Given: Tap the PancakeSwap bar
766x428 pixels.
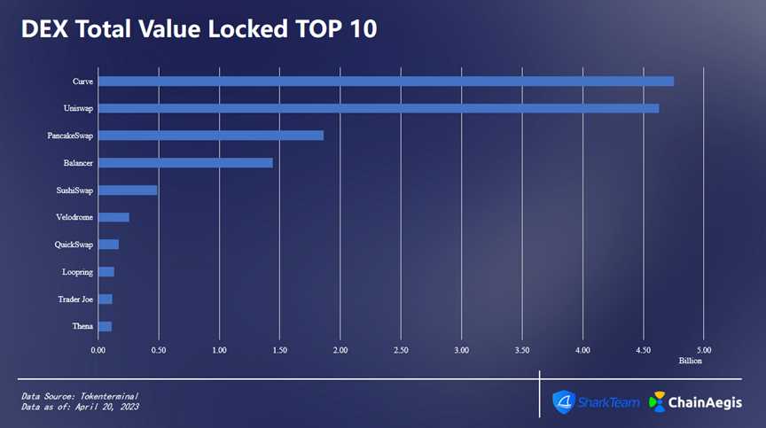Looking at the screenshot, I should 211,136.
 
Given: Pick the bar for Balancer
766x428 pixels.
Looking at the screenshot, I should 185,163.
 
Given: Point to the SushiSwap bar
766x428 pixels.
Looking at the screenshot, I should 128,191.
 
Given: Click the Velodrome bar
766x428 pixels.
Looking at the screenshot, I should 113,218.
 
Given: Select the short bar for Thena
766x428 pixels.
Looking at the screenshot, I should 105,327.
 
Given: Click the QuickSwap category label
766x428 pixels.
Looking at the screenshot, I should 74,245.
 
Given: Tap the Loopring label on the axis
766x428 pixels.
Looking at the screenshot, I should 77,272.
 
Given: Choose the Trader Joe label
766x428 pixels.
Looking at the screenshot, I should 75,300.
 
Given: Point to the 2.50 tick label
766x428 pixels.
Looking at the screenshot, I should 401,350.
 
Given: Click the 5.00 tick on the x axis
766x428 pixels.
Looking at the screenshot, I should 704,350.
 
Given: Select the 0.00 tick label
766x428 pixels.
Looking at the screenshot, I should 98,350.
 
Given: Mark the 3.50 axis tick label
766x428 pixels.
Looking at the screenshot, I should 522,350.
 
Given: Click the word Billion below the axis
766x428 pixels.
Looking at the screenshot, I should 691,362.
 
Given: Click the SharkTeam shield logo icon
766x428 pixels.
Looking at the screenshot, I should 564,401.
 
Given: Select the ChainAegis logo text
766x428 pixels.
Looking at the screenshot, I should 707,401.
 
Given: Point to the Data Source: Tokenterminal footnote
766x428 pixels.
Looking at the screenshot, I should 81,395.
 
